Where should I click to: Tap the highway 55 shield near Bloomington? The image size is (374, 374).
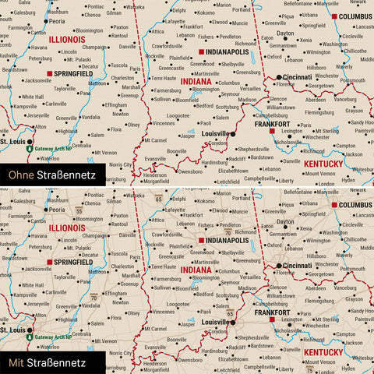coord(79,210)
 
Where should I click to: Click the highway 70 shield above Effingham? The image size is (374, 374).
coord(93,297)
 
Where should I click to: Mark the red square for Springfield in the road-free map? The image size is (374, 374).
coord(50,74)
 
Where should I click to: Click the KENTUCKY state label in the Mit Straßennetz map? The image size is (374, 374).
coord(322,353)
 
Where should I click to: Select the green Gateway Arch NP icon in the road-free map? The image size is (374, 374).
coord(29,147)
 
